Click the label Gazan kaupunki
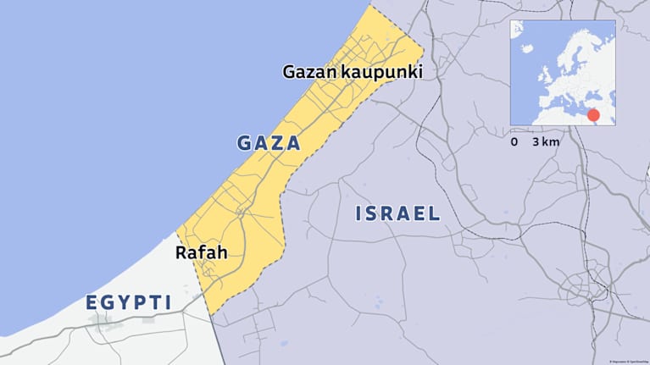point(352,72)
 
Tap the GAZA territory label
point(269,143)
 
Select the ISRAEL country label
point(397,213)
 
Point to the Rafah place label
point(201,252)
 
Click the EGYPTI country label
point(129,302)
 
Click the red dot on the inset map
point(593,115)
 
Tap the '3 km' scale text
point(547,142)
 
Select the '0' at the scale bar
point(514,142)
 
